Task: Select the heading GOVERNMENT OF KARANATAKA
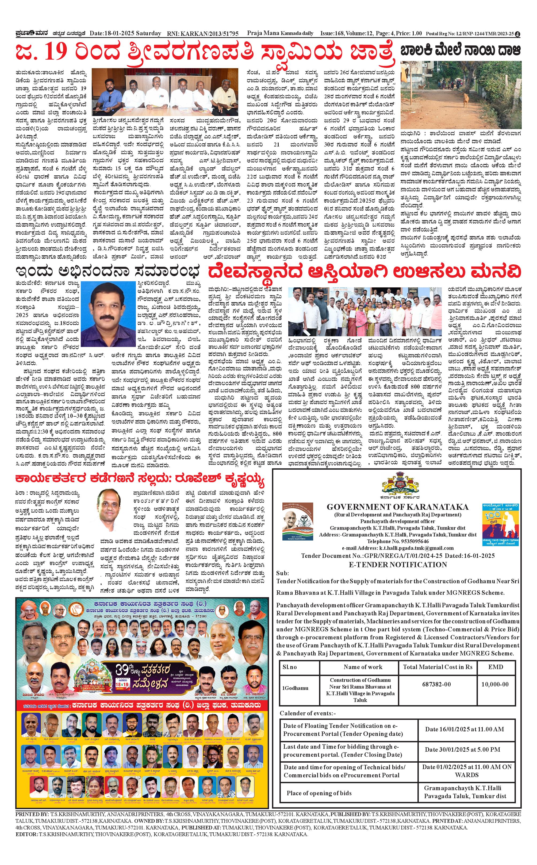click(x=397, y=507)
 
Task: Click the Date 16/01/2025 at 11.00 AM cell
click(x=464, y=729)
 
